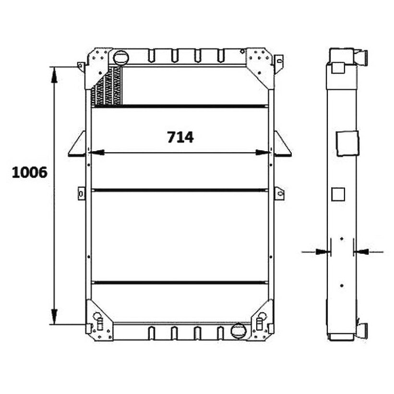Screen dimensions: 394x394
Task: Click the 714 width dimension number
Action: tap(180, 137)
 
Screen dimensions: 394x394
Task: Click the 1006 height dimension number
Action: tap(30, 173)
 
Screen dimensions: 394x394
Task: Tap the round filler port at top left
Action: tap(121, 58)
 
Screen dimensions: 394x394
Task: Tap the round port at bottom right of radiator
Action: tap(238, 330)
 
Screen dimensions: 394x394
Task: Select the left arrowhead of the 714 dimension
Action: tap(96, 152)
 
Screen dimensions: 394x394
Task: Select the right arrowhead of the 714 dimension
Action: tap(263, 152)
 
